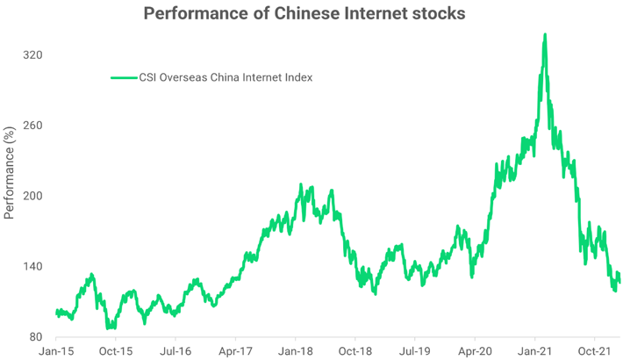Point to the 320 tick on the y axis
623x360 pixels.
pyautogui.click(x=32, y=55)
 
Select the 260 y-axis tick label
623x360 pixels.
pyautogui.click(x=32, y=126)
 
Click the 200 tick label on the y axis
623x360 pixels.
pyautogui.click(x=32, y=196)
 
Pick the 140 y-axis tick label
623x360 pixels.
pyautogui.click(x=32, y=266)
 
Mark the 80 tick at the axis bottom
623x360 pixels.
pyautogui.click(x=36, y=336)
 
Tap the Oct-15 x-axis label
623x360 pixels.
pyautogui.click(x=116, y=350)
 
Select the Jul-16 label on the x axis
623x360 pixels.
pyautogui.click(x=175, y=350)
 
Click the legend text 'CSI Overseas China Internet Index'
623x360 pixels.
pyautogui.click(x=226, y=77)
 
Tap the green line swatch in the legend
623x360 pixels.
pyautogui.click(x=123, y=77)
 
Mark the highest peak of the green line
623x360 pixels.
pyautogui.click(x=545, y=35)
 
